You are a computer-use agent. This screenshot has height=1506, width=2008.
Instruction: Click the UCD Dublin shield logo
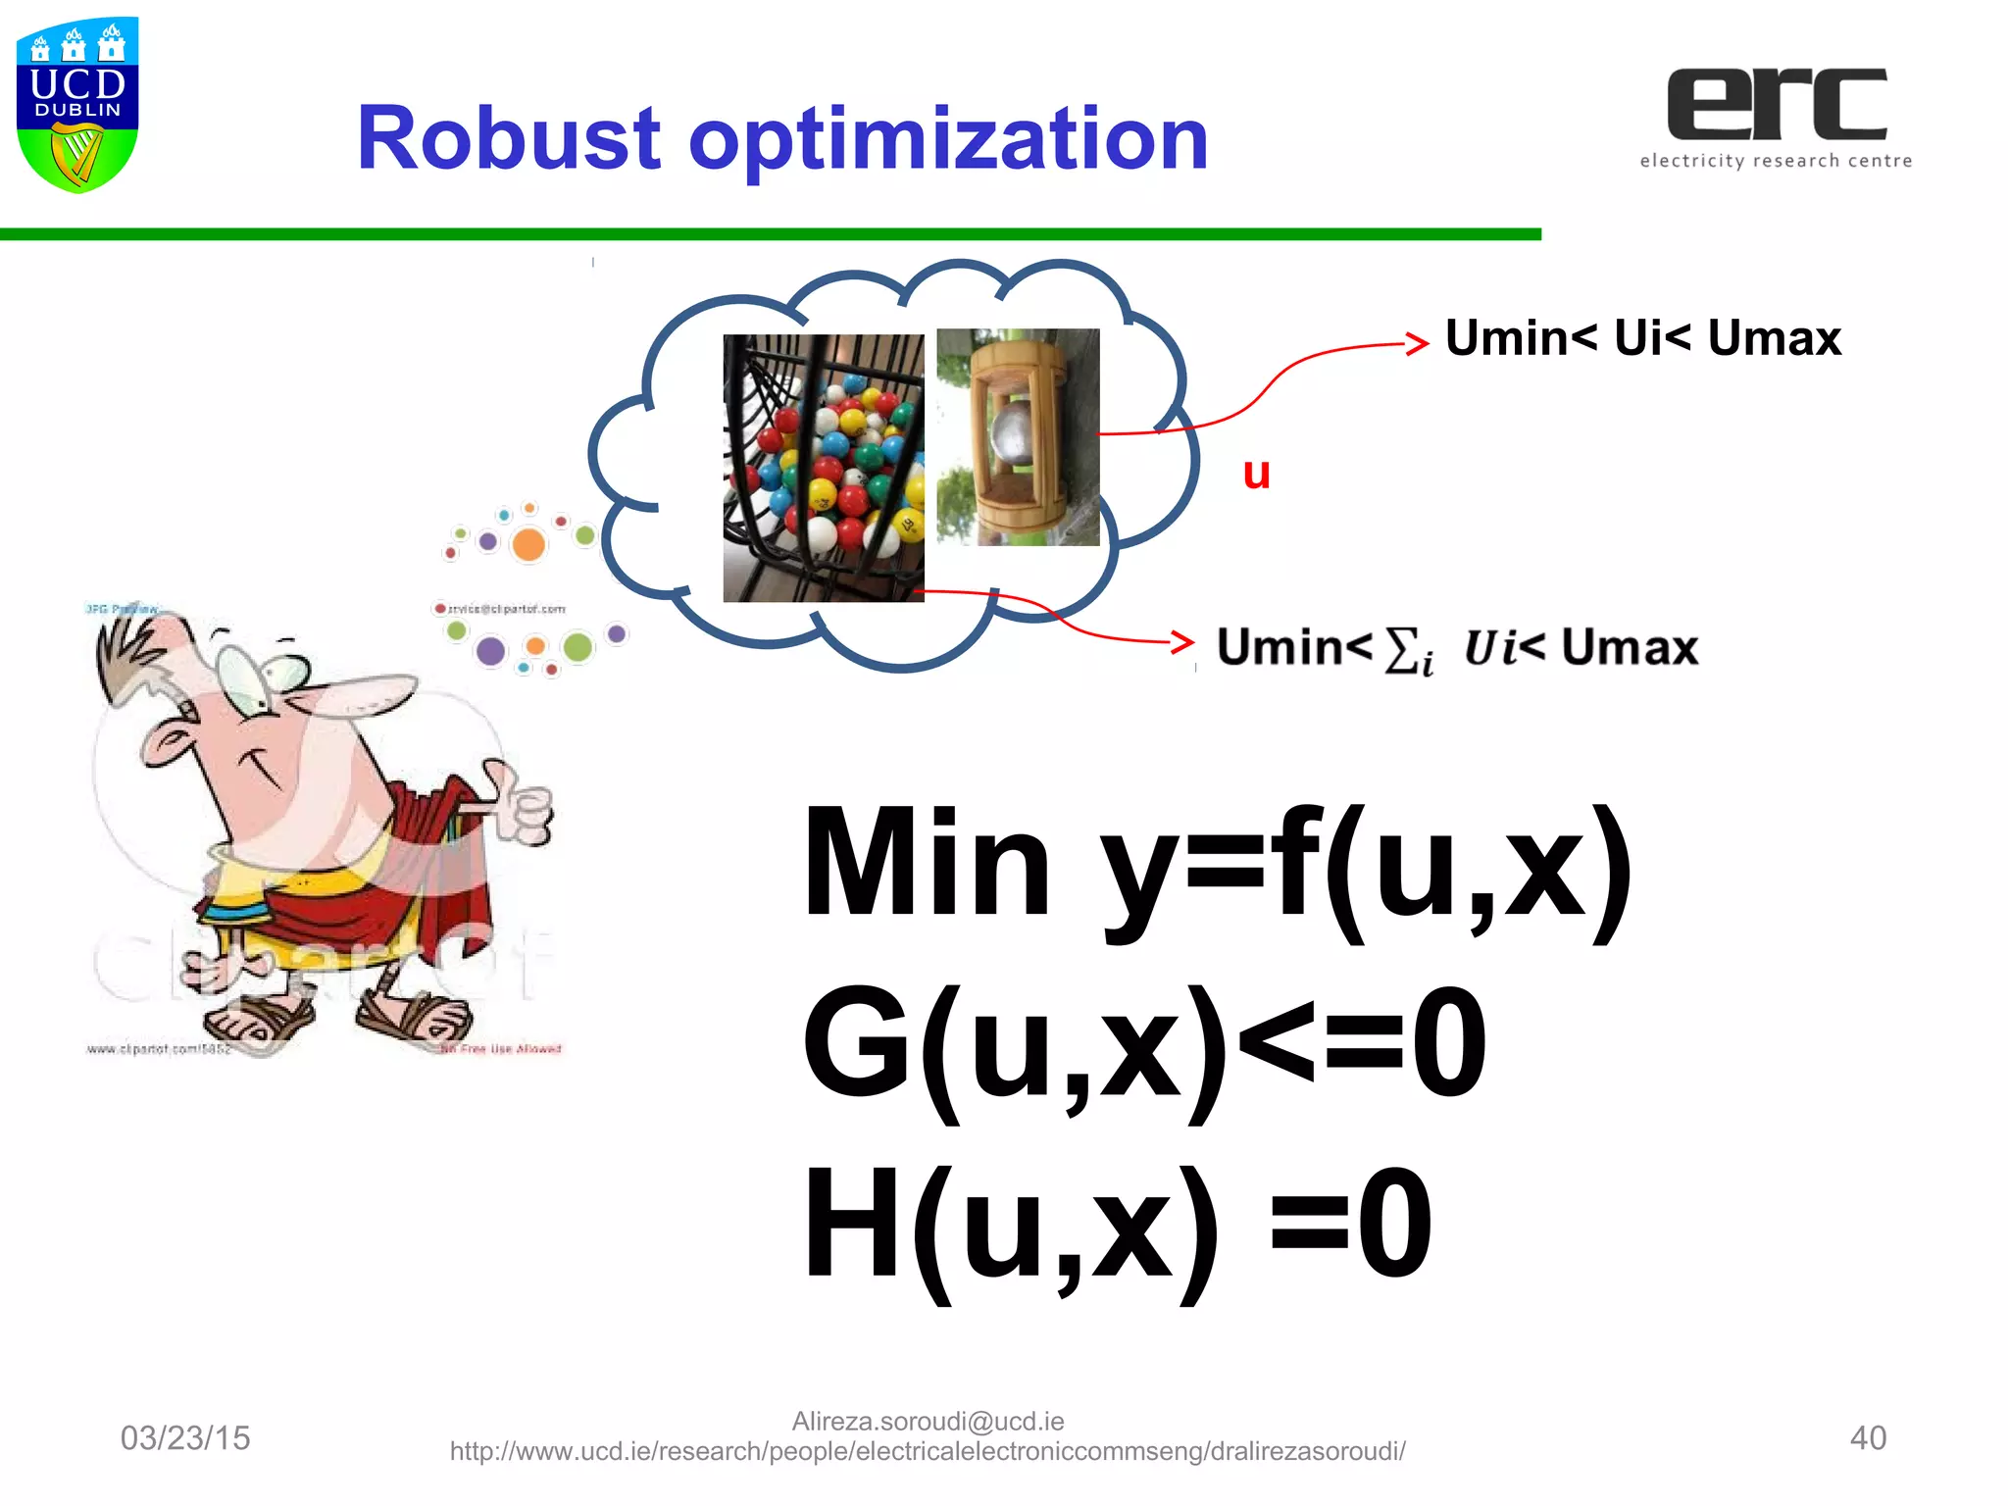77,103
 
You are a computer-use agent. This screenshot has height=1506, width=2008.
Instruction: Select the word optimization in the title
948,140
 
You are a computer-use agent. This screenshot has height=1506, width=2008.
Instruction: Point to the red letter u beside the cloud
1256,474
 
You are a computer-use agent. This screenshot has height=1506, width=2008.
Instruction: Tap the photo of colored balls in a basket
823,468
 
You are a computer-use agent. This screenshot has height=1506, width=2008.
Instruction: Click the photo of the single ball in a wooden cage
1018,436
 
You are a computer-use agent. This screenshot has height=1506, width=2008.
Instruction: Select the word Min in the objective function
926,864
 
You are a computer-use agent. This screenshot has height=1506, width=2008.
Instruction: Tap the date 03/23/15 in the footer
185,1438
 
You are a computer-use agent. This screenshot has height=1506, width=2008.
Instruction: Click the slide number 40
1867,1438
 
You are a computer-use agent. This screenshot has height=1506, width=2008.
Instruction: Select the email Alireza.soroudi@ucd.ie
928,1421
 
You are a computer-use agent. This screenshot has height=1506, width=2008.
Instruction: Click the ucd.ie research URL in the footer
928,1451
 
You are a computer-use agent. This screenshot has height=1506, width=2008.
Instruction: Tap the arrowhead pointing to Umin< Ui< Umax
1417,343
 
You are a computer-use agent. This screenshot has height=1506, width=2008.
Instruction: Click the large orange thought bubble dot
528,544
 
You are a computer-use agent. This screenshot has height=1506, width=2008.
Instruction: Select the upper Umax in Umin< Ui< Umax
1774,338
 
